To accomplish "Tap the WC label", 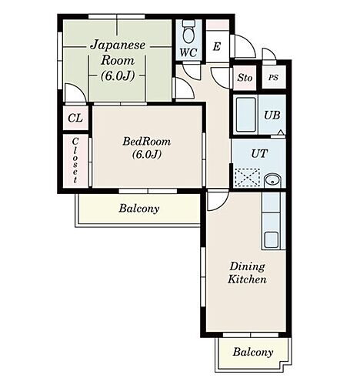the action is (x=188, y=53).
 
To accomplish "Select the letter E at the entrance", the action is (x=217, y=47).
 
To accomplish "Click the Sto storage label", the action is (x=245, y=77).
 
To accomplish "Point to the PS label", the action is (x=273, y=77).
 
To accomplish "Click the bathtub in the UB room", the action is (x=246, y=115).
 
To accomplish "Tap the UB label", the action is (x=272, y=115).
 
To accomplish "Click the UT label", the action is (x=259, y=154).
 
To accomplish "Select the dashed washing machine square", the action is (x=248, y=177).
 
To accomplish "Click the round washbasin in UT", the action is (x=272, y=180).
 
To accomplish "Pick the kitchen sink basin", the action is (x=272, y=239).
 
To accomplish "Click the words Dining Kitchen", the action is (x=248, y=273).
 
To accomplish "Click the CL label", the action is (x=75, y=118).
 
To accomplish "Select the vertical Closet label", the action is (x=75, y=160).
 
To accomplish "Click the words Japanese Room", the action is (x=118, y=52).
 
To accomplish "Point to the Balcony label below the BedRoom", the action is (x=139, y=209).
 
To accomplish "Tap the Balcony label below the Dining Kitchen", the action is (x=253, y=352).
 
